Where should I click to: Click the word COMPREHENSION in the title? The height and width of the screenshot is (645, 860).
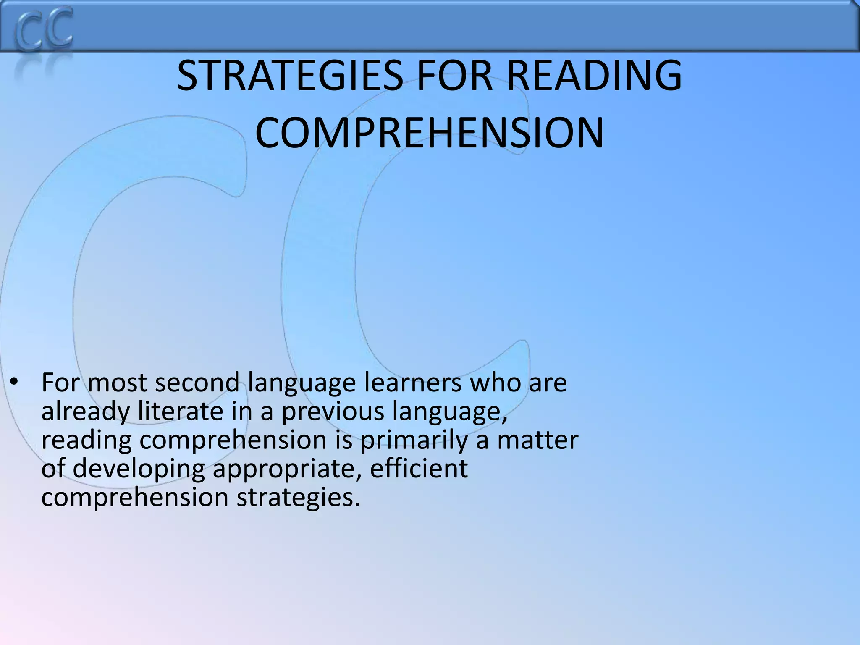point(429,133)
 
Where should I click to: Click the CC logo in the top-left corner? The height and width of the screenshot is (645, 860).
point(44,29)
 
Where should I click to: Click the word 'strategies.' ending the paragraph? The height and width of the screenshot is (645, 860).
point(299,498)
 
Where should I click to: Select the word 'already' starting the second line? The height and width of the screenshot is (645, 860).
point(86,412)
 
